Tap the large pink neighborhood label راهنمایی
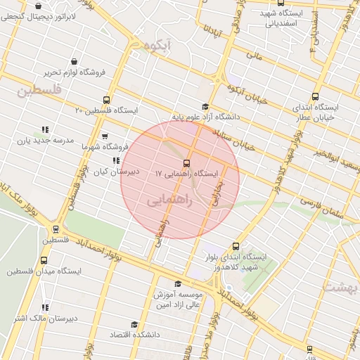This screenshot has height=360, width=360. point(167,201)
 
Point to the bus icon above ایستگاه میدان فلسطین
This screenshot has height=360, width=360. point(56,229)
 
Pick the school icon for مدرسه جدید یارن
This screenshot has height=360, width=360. point(45,129)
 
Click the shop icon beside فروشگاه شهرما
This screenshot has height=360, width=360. point(105,136)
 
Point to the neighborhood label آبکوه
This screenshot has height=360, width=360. point(156,44)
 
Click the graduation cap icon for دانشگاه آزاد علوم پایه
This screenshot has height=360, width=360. point(205,106)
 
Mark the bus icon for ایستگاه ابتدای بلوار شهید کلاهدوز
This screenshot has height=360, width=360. point(235,246)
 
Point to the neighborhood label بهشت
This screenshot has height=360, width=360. point(342,286)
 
